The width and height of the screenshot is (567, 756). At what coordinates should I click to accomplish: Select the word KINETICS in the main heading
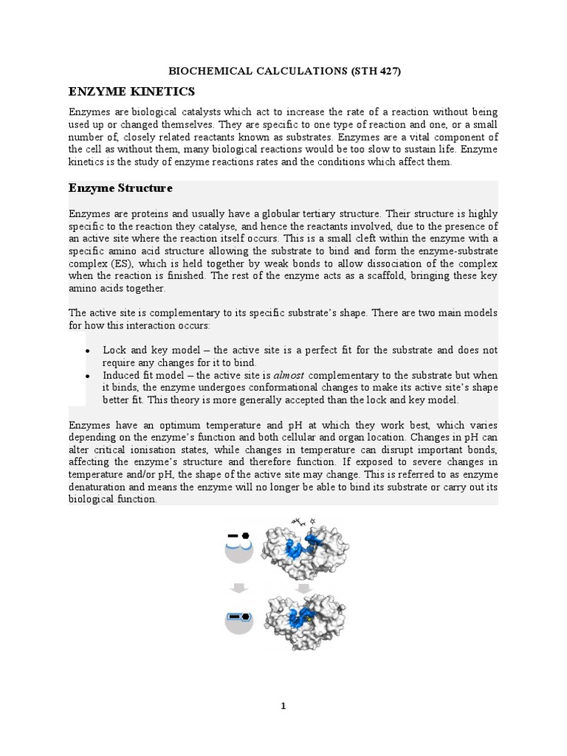(x=165, y=92)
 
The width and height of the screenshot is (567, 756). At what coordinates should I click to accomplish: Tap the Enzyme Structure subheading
(x=120, y=188)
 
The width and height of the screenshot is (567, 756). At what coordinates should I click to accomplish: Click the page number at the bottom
(x=283, y=706)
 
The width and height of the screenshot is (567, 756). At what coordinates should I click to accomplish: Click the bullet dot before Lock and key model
(x=88, y=351)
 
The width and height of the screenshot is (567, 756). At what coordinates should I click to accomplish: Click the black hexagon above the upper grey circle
(x=245, y=535)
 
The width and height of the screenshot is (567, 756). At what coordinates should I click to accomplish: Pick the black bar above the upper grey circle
(x=233, y=535)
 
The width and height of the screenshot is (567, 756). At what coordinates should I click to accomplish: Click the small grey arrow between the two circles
(x=238, y=588)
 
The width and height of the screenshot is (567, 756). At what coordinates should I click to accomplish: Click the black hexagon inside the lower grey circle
(x=244, y=615)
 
